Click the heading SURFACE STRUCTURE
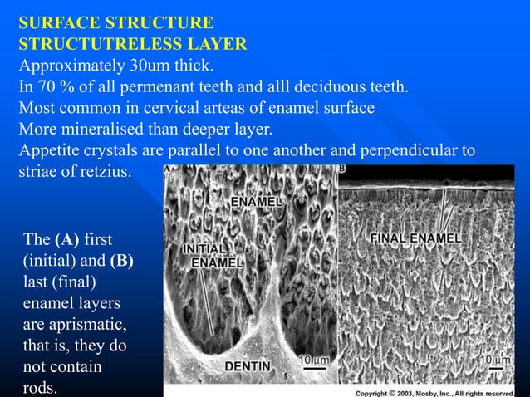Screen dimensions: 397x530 coord(115,22)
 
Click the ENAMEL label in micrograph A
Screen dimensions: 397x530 coord(258,202)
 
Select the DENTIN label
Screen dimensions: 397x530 coord(251,365)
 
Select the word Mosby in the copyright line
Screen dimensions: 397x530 coord(429,390)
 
